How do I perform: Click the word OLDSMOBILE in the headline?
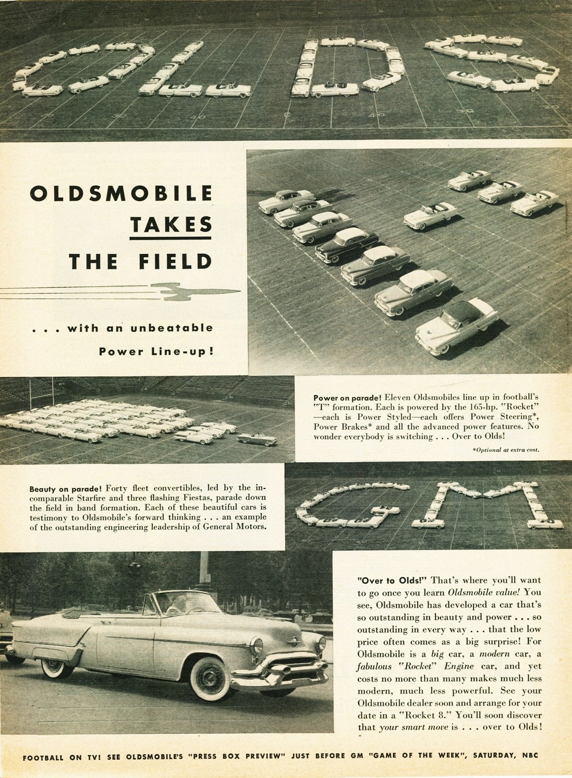click(x=121, y=193)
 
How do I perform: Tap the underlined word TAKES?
click(x=170, y=224)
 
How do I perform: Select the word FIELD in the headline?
click(x=175, y=261)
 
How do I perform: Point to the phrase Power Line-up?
click(x=156, y=351)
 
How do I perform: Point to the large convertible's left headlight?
click(x=257, y=645)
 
